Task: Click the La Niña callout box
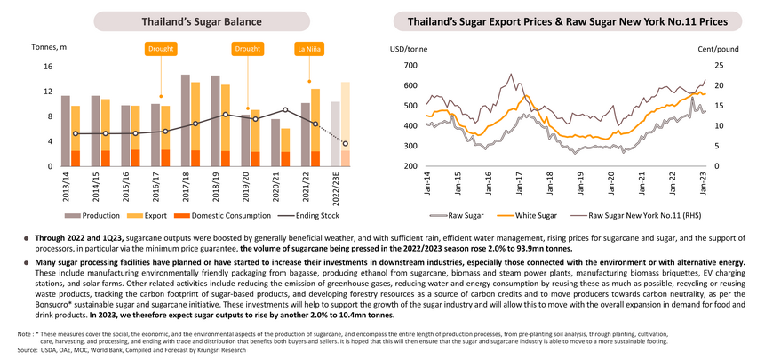[312, 51]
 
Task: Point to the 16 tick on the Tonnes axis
[48, 67]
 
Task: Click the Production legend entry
[110, 215]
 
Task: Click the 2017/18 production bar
[185, 120]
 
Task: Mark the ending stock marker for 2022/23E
[345, 144]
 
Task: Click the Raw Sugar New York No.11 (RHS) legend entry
[642, 215]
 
